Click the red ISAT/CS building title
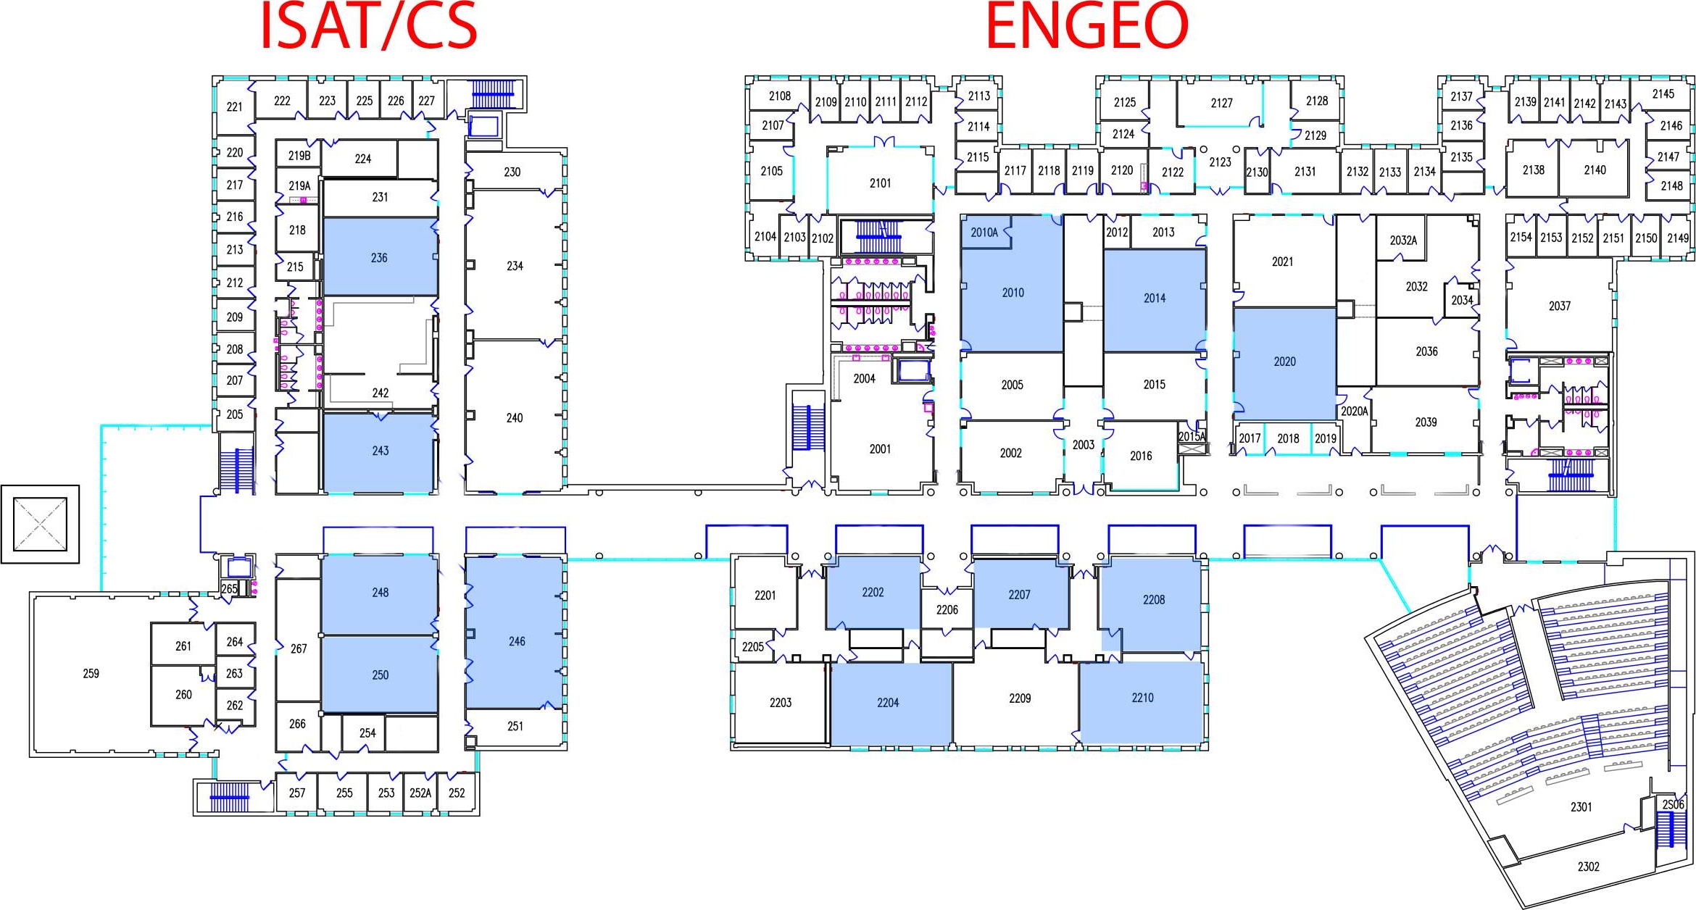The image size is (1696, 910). click(x=368, y=28)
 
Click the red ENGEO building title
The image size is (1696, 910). click(x=1086, y=28)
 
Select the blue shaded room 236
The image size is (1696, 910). click(x=379, y=258)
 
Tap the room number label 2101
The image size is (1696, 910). click(x=880, y=183)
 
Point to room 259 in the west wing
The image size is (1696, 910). click(x=91, y=674)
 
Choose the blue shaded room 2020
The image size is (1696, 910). click(x=1284, y=362)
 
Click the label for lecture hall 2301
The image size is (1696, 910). click(x=1581, y=807)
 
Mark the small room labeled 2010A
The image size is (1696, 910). click(x=984, y=233)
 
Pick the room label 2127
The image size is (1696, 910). click(x=1221, y=104)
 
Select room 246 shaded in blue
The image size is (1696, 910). click(x=516, y=641)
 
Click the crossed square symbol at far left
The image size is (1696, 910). click(x=40, y=524)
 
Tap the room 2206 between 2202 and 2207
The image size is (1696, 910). click(x=947, y=610)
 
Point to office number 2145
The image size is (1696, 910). click(x=1663, y=94)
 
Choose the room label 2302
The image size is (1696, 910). click(x=1588, y=867)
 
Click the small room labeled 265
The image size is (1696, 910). click(x=229, y=589)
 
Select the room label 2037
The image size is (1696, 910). click(x=1559, y=306)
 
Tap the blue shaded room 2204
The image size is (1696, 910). click(x=888, y=703)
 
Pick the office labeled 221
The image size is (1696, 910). click(x=234, y=107)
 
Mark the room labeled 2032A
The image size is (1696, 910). click(x=1402, y=241)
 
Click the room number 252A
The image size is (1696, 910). click(x=420, y=793)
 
